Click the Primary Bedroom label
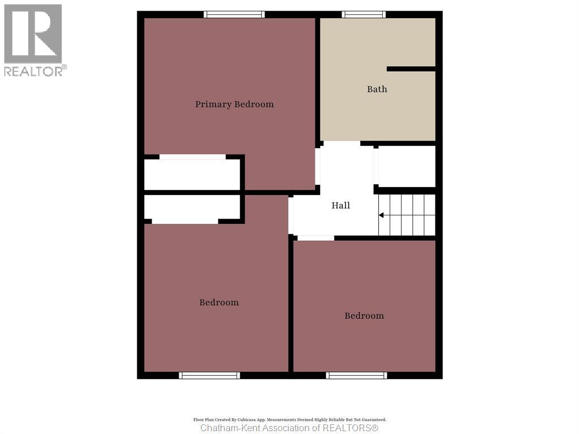click(x=234, y=104)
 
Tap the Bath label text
click(x=377, y=89)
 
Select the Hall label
click(x=340, y=206)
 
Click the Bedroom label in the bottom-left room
click(x=219, y=302)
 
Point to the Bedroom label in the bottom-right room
click(x=364, y=316)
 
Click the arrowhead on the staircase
click(x=382, y=215)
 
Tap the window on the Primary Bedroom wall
click(x=234, y=15)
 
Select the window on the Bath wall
click(x=364, y=15)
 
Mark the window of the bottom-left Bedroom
click(x=209, y=375)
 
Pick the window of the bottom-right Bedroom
click(x=357, y=375)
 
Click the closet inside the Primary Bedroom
click(x=192, y=175)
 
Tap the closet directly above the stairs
click(x=406, y=166)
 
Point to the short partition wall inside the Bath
click(x=411, y=69)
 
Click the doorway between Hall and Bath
click(x=340, y=144)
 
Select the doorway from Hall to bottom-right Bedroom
click(x=316, y=238)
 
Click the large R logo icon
click(x=33, y=34)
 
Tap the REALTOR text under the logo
click(x=34, y=71)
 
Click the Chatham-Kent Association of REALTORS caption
click(x=289, y=428)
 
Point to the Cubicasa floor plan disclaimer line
click(x=289, y=420)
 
